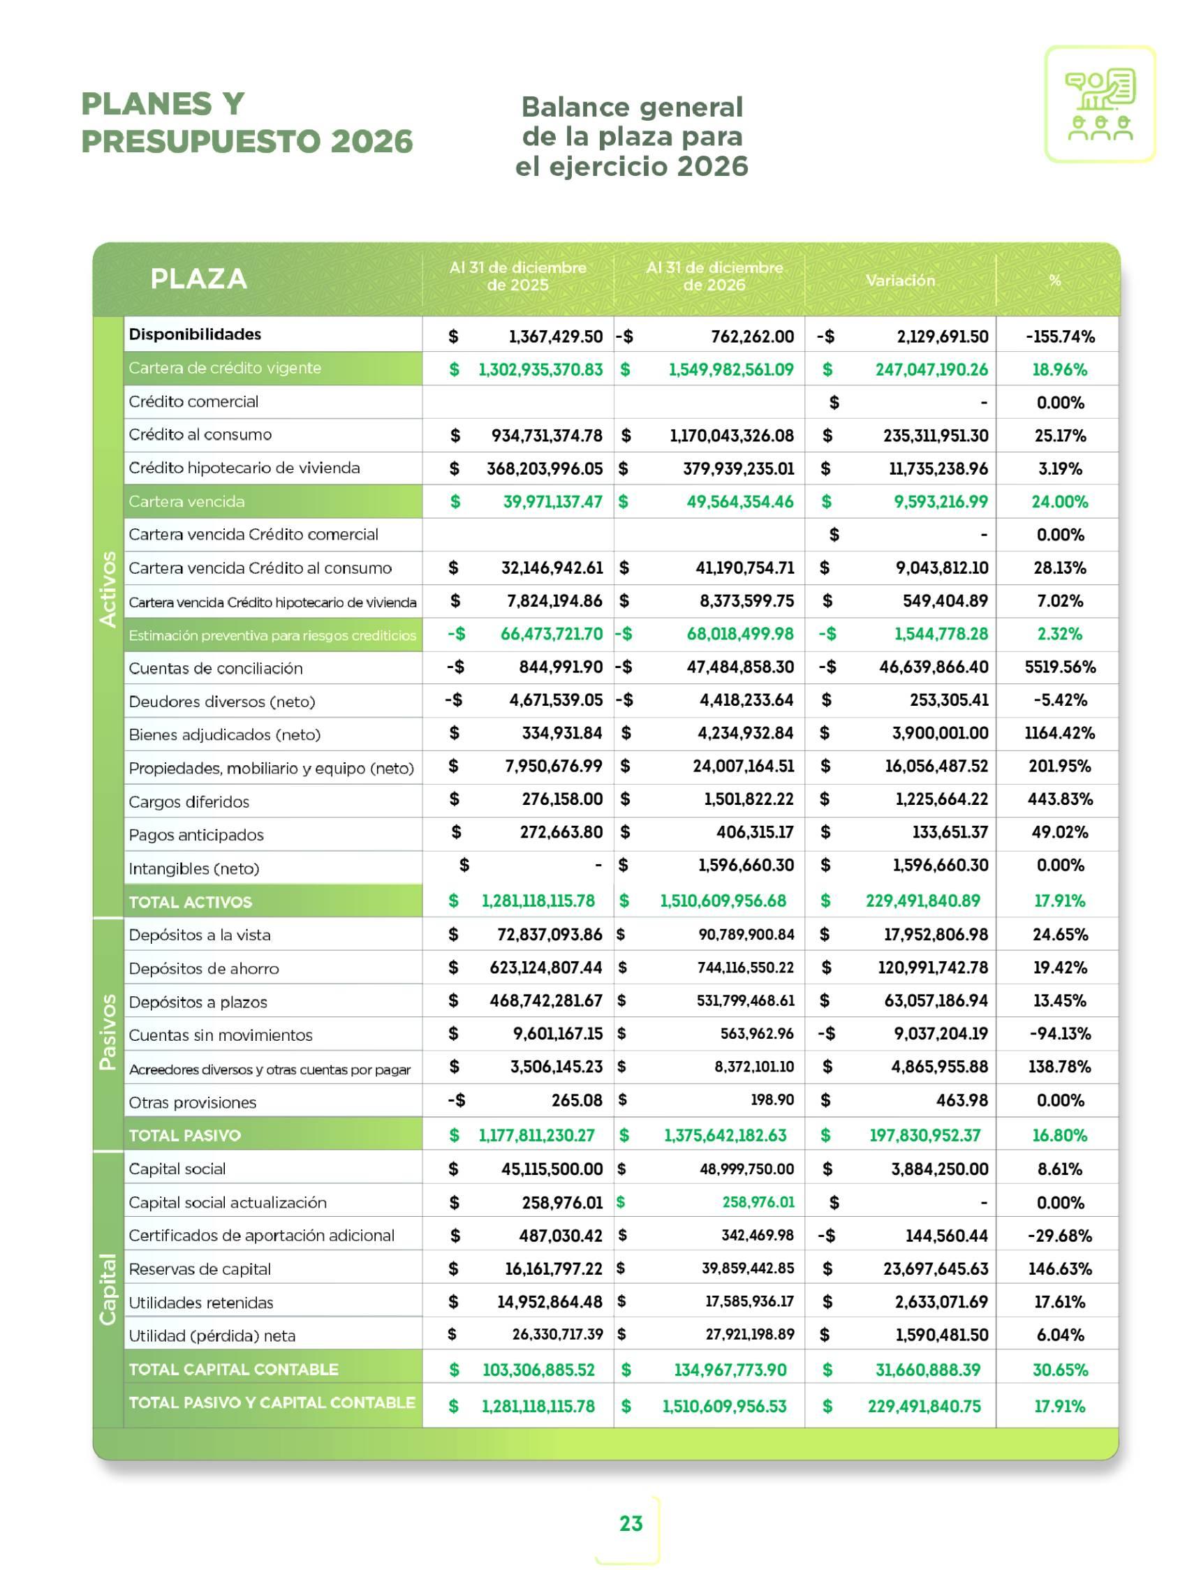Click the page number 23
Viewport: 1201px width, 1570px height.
[631, 1523]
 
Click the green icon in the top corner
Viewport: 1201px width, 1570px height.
[1100, 104]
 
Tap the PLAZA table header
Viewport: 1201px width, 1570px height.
[199, 279]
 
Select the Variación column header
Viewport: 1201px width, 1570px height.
[900, 280]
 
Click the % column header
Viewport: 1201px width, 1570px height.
[1054, 280]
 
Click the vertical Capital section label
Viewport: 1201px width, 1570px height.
[108, 1289]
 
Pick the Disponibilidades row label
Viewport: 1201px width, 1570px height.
[196, 334]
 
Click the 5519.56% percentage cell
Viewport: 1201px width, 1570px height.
[1059, 667]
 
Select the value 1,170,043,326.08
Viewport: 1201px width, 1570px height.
[731, 435]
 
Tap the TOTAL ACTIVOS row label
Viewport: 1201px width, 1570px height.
[190, 902]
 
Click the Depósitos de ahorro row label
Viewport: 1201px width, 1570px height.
[204, 968]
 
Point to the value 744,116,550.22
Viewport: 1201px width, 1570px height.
[746, 968]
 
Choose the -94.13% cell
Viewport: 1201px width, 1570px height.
[1059, 1033]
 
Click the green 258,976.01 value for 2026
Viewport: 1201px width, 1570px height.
[758, 1202]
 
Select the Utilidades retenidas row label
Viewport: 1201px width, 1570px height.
[201, 1302]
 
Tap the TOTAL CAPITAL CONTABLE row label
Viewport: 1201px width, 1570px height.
[233, 1369]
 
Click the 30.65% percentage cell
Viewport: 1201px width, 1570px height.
[1059, 1369]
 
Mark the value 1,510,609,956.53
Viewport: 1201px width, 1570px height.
[724, 1407]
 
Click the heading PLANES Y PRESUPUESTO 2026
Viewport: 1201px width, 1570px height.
[246, 122]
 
